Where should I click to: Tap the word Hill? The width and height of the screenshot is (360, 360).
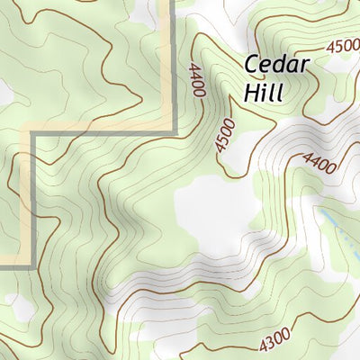263,92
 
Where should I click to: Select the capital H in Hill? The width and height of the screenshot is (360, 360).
251,92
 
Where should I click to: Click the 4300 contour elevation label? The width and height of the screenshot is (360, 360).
274,341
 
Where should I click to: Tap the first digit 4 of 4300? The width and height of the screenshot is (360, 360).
262,345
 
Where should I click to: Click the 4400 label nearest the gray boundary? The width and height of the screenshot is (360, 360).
198,78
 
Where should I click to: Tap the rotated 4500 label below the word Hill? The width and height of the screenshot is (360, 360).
224,135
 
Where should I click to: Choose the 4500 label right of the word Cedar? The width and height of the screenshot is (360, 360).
343,46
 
